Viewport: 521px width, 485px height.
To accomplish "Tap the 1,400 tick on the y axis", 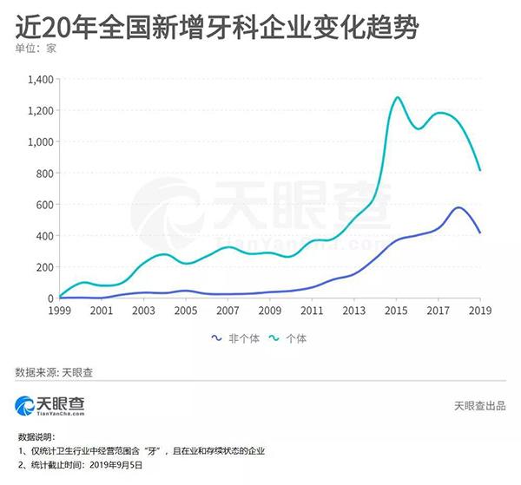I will pos(38,80).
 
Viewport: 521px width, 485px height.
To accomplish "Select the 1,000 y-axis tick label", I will pos(38,142).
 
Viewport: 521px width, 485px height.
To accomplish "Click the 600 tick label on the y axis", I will pos(43,205).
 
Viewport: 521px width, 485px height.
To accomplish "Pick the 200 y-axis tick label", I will pos(43,267).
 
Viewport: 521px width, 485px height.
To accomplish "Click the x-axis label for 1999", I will pos(59,310).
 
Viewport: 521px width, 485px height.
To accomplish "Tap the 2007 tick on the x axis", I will pos(228,310).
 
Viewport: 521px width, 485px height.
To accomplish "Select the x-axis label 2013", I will pos(354,310).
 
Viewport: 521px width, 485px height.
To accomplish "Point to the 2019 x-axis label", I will pos(480,310).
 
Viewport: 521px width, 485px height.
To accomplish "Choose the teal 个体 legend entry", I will pos(296,338).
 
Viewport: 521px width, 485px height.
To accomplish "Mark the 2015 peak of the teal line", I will pos(397,97).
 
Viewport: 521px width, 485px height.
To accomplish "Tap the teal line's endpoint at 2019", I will pos(480,170).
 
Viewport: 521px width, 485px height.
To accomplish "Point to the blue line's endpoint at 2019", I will pos(480,233).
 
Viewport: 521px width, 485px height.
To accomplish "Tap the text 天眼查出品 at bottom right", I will pos(481,406).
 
